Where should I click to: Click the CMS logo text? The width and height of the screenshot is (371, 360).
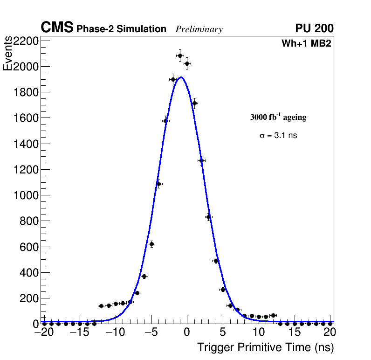click(x=57, y=28)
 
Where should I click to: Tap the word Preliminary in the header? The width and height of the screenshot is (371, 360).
click(x=199, y=29)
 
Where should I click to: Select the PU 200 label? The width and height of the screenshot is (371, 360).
click(x=314, y=28)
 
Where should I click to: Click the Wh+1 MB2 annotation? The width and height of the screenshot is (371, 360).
click(x=306, y=44)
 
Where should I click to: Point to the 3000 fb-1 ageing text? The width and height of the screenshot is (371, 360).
click(x=278, y=117)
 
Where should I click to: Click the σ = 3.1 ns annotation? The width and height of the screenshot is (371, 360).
click(x=278, y=136)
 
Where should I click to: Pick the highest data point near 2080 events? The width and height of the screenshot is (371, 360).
click(x=180, y=55)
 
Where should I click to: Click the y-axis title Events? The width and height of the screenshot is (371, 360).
click(x=8, y=54)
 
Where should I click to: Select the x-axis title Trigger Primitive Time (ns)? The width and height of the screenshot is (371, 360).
click(x=266, y=347)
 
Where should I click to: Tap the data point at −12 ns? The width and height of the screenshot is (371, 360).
click(x=101, y=306)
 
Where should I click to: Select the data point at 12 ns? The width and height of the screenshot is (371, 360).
click(x=273, y=316)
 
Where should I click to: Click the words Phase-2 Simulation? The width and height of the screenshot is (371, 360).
click(x=121, y=29)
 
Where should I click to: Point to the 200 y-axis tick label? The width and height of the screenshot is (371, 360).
click(x=29, y=298)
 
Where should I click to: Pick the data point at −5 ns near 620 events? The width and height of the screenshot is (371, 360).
click(x=151, y=244)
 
